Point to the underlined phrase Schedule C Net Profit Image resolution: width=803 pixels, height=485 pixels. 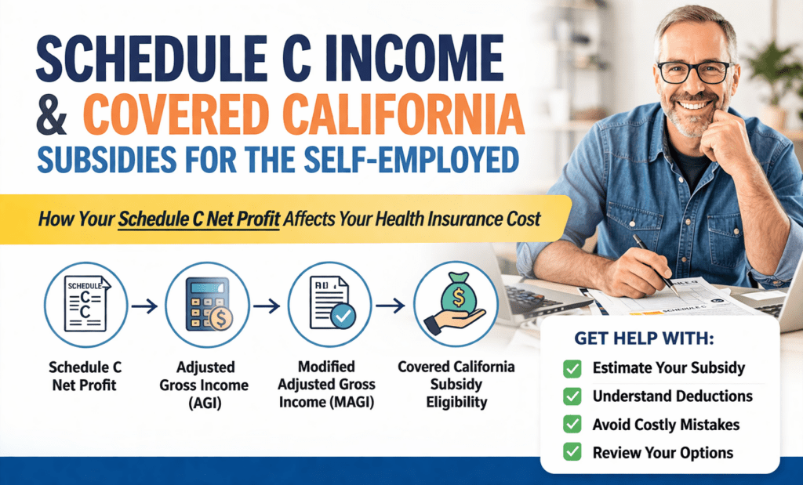point(198,218)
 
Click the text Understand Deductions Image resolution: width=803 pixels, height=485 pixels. point(672,396)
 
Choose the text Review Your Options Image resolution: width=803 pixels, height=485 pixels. point(663,452)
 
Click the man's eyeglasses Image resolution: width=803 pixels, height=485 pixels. point(693,71)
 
